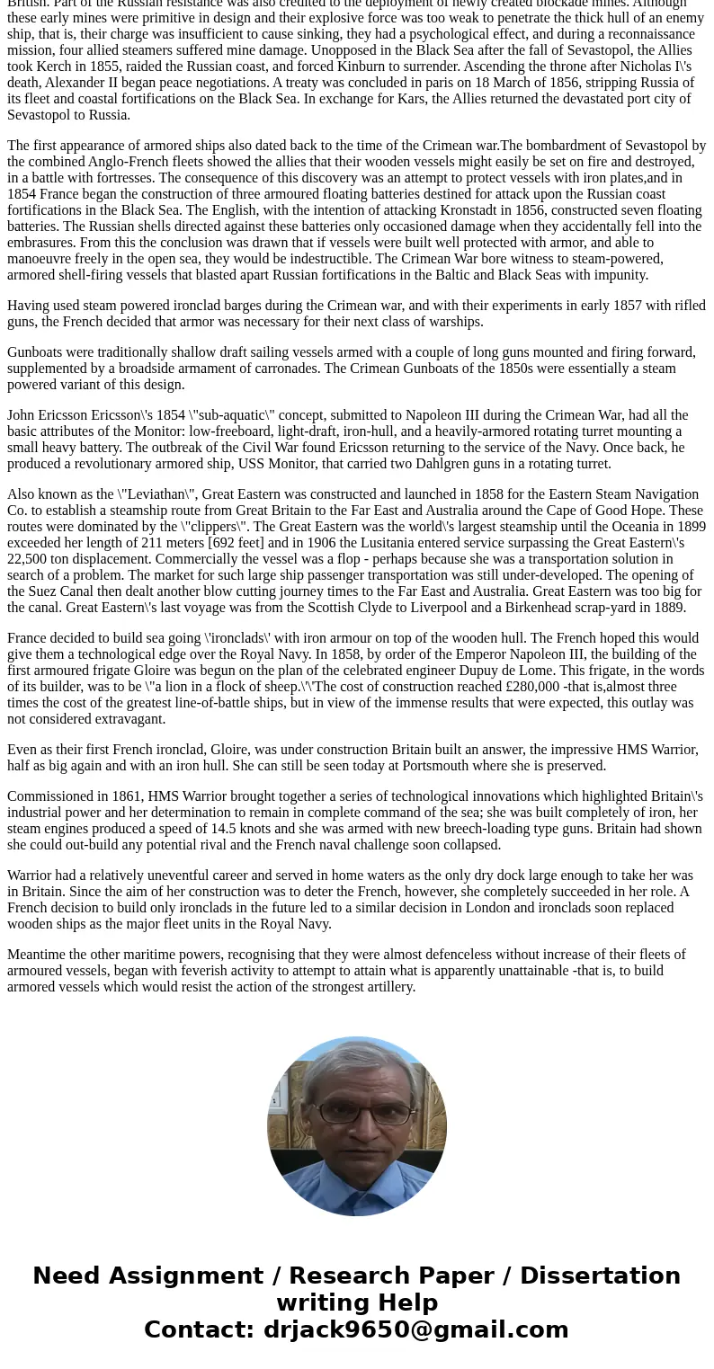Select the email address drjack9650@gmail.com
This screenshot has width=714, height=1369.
[415, 1329]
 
